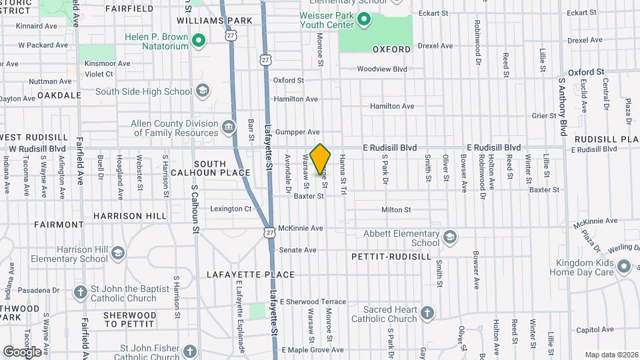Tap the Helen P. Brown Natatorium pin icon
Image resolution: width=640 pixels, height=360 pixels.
198,41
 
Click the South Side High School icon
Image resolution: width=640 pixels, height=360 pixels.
203,91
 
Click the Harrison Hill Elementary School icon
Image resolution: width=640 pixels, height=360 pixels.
118,253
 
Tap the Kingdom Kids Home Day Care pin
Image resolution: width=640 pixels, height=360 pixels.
624,267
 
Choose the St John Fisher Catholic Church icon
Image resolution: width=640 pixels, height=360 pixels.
190,351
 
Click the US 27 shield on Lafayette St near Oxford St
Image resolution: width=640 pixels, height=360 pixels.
266,60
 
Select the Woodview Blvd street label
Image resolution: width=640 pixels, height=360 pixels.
381,69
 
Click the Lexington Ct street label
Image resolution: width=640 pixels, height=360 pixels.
231,209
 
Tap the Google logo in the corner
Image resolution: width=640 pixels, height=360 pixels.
22,351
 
